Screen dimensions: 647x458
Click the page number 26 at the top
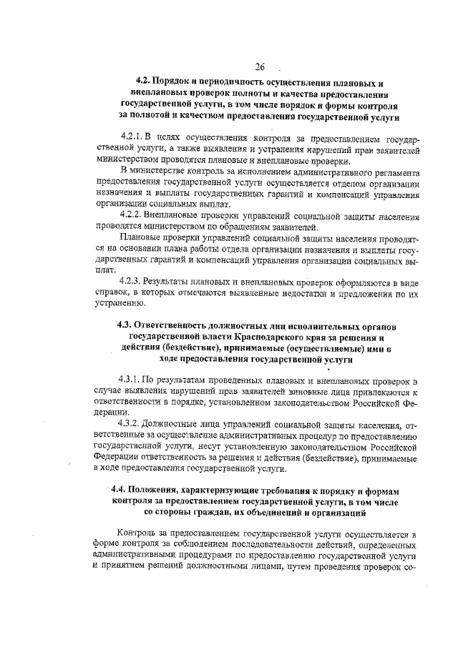258,67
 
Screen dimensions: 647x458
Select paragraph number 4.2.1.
134,135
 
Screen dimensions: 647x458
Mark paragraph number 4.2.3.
134,281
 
